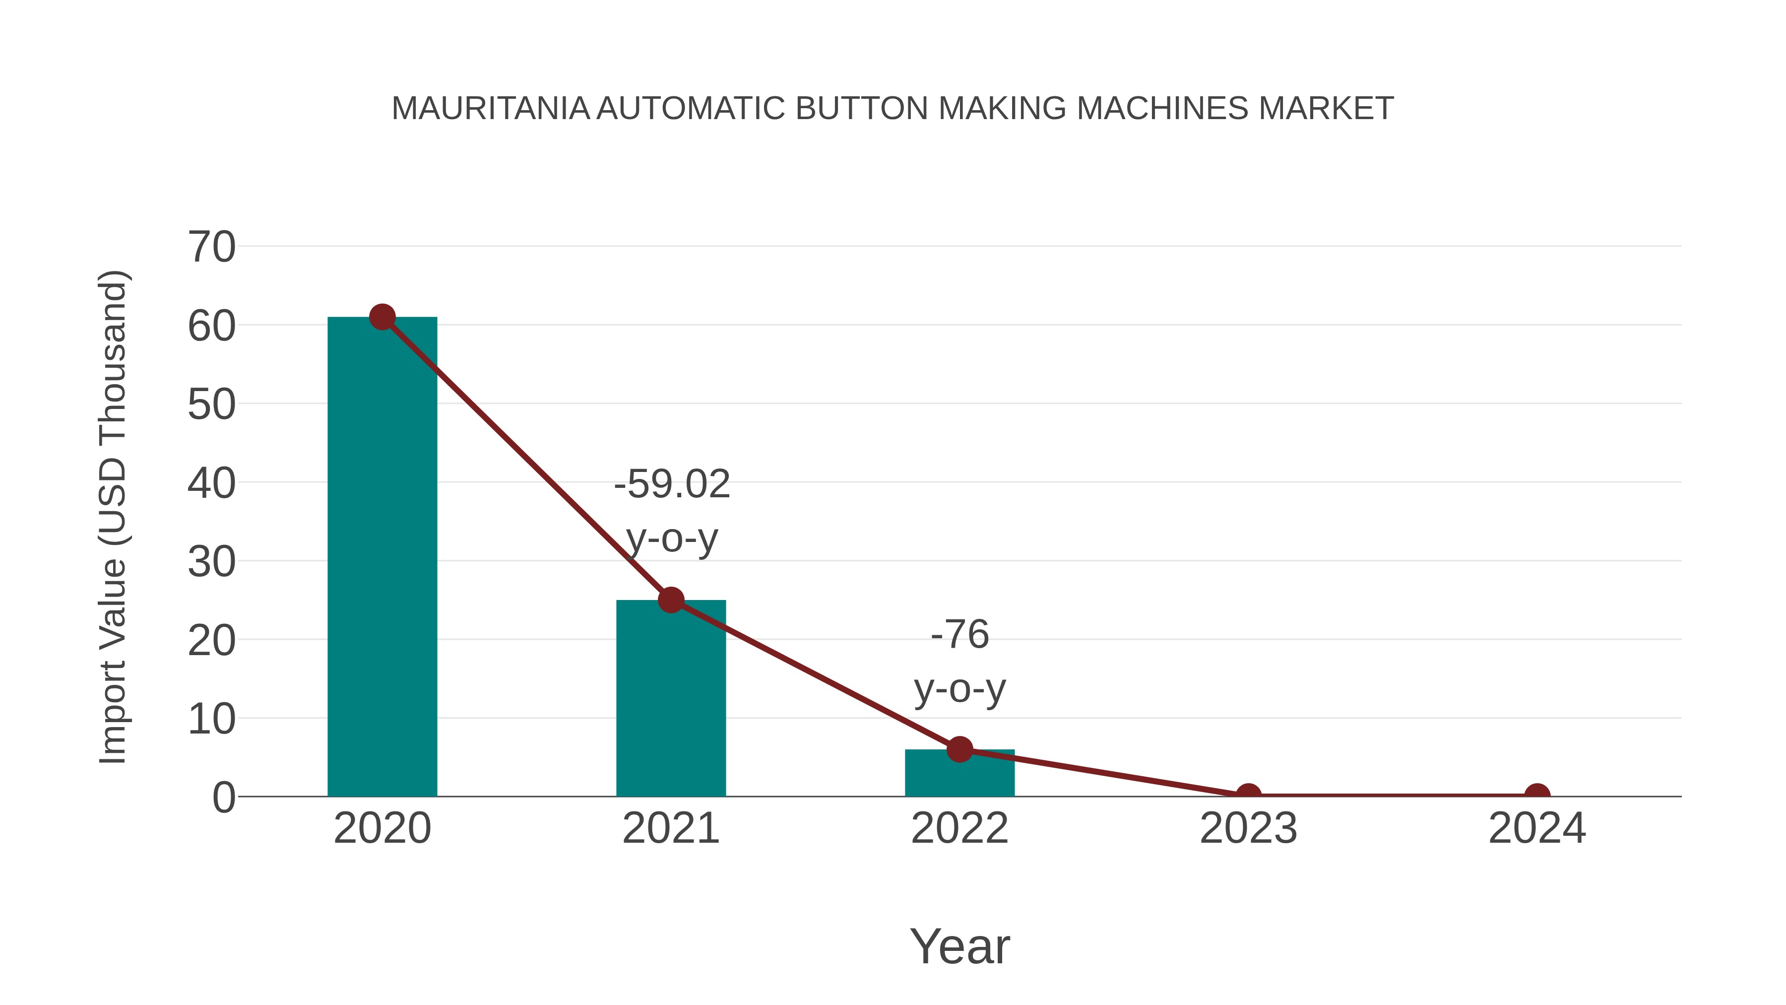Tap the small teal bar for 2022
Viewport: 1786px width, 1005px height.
point(959,773)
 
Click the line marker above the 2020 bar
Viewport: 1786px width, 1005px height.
point(382,317)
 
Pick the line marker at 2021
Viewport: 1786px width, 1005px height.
point(670,600)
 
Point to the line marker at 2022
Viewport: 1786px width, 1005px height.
point(959,749)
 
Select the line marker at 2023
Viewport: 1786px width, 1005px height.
point(1248,795)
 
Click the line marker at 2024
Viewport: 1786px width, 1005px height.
point(1537,795)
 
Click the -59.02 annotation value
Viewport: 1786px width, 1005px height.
point(672,483)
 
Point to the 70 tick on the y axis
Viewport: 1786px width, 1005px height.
point(211,247)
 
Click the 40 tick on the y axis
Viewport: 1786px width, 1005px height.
point(211,483)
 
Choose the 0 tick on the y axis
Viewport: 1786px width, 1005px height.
point(224,797)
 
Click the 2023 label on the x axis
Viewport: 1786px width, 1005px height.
point(1248,828)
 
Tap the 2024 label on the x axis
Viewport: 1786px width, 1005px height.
point(1537,828)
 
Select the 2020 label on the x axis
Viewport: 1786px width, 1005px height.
point(382,828)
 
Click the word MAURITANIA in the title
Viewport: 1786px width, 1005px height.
point(490,108)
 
